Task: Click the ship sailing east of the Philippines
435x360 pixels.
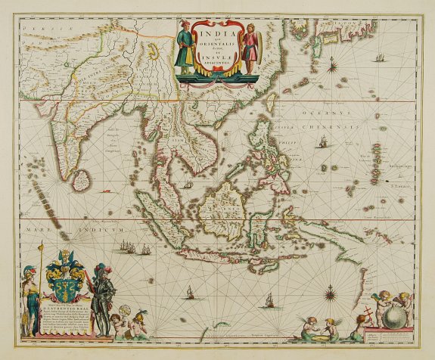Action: [x=322, y=143]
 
